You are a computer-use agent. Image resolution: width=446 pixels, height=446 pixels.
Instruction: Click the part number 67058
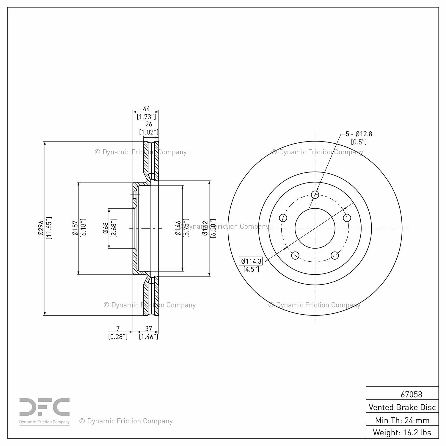(x=411, y=394)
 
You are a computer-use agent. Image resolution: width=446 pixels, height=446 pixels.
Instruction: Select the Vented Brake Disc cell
(x=402, y=407)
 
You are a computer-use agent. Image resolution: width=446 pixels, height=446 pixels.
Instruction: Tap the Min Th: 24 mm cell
(x=402, y=420)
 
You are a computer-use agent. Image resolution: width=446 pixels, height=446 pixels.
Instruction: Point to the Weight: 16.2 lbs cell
(x=402, y=432)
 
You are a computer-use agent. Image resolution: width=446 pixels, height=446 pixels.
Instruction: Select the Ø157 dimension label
(x=75, y=228)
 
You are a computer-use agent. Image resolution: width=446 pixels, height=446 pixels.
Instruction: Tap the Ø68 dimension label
(x=106, y=228)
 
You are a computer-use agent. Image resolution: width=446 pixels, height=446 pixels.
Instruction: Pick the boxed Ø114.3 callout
(x=251, y=261)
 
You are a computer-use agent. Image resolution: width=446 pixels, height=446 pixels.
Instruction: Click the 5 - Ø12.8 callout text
(x=359, y=134)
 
